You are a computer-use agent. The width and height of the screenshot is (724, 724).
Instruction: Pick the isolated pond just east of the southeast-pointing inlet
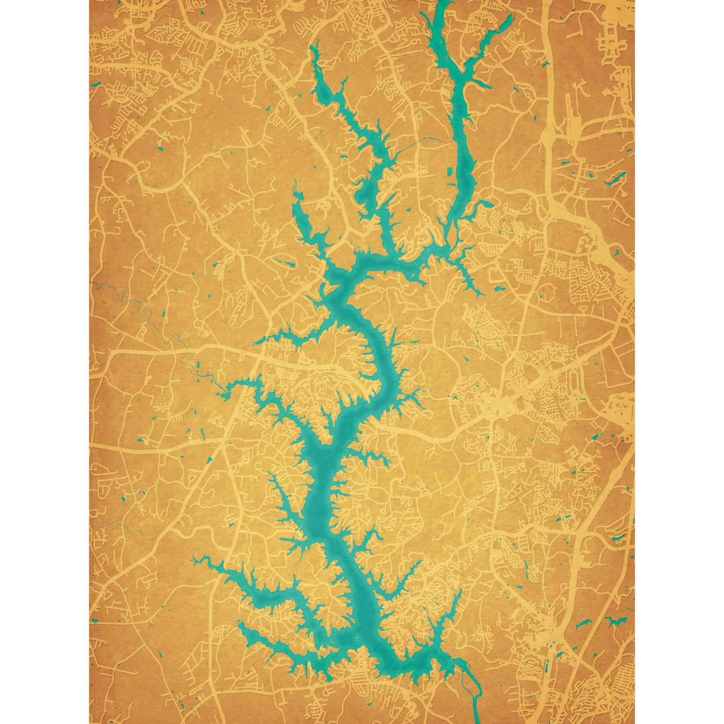click(500, 288)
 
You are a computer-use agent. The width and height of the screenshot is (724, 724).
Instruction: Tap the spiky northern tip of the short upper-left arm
click(296, 186)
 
